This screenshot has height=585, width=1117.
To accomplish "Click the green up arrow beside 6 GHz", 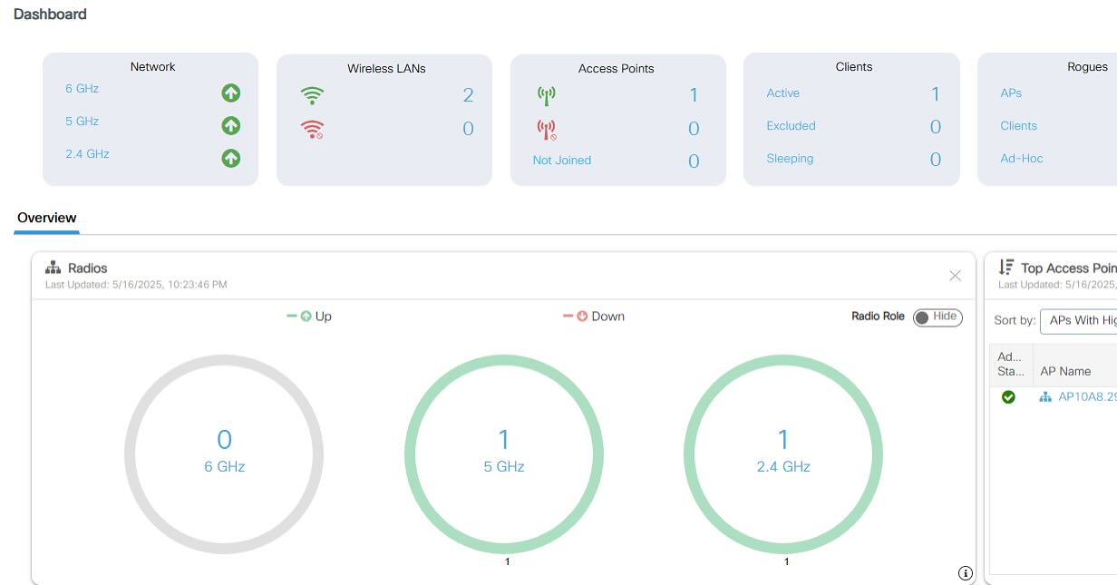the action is (x=231, y=93).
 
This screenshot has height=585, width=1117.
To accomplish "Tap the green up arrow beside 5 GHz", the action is (x=231, y=126).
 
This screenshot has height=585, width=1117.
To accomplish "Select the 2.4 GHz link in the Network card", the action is (x=87, y=153).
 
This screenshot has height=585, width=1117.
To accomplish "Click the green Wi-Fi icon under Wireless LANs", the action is (x=312, y=95).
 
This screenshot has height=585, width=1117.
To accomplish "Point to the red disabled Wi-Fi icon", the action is (x=312, y=129).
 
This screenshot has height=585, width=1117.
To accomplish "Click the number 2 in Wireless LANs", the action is (x=468, y=94).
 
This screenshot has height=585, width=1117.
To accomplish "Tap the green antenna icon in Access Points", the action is (x=547, y=96).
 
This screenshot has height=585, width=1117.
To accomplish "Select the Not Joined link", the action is (x=562, y=161).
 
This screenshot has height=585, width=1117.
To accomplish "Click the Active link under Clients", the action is (x=783, y=93).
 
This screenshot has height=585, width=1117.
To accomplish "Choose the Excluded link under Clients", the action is (x=791, y=126).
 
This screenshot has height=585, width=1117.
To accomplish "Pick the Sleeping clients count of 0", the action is (x=936, y=159).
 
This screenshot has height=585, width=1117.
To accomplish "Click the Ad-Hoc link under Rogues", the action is (x=1021, y=159).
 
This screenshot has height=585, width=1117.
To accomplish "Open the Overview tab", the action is (x=47, y=218).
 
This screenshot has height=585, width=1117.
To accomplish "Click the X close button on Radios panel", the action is (x=955, y=276).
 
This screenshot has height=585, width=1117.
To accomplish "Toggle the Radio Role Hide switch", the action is (x=937, y=317).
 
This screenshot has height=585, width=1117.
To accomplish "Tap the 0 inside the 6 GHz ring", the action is (x=225, y=439).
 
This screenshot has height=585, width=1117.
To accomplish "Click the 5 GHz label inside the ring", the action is (x=504, y=467).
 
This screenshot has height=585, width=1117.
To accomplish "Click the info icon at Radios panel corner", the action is (x=966, y=573).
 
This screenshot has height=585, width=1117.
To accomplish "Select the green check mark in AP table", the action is (x=1008, y=397).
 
